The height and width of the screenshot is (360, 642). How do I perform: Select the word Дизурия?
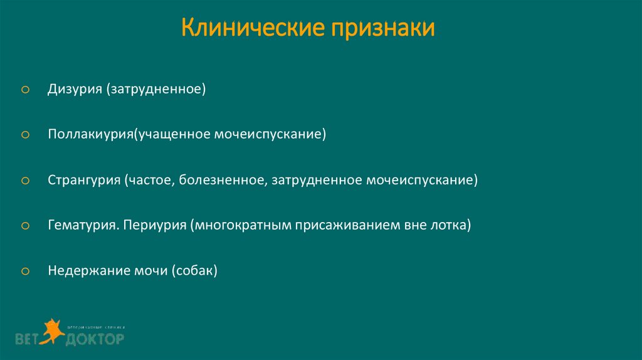(75, 90)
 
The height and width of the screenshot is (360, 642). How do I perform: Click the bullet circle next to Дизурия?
(25, 90)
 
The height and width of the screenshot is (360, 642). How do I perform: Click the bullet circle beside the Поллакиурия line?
(25, 135)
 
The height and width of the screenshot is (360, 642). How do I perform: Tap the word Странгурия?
(84, 181)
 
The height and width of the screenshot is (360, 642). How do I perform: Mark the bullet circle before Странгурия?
(25, 181)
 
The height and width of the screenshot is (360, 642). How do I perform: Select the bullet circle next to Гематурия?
(25, 226)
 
